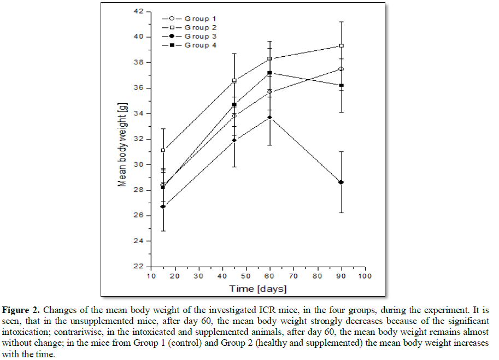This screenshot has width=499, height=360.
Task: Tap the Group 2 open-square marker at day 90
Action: pyautogui.click(x=341, y=46)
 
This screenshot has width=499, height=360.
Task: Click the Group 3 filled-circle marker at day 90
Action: pyautogui.click(x=341, y=182)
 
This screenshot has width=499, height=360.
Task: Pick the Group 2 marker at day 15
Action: pyautogui.click(x=163, y=150)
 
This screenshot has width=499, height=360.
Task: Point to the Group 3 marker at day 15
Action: pyautogui.click(x=163, y=206)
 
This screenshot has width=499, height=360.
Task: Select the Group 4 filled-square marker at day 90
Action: pyautogui.click(x=341, y=85)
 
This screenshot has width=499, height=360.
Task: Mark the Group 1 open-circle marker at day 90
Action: pyautogui.click(x=341, y=69)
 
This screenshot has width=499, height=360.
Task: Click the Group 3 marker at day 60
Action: pyautogui.click(x=269, y=117)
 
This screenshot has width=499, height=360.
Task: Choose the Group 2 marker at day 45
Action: pyautogui.click(x=234, y=80)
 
